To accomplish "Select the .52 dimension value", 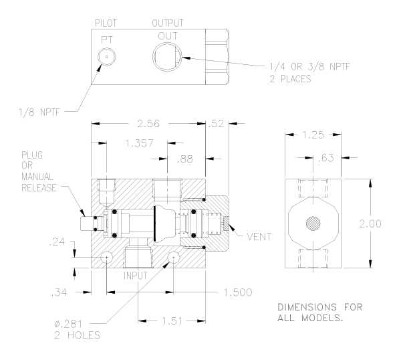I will tap(217, 124).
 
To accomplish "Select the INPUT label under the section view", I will tap(140, 275).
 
